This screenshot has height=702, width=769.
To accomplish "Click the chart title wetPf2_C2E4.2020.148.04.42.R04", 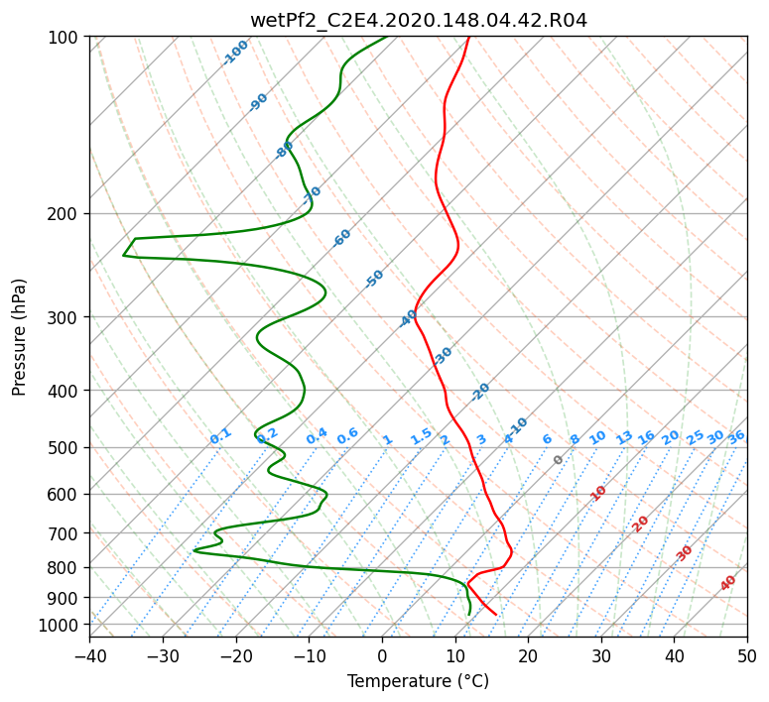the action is point(419,21).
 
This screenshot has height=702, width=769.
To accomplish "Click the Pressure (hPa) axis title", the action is point(19,337).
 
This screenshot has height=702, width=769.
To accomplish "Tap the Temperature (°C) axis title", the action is point(419,681).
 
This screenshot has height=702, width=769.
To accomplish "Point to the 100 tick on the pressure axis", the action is point(63,38).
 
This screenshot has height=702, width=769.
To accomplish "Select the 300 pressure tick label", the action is point(63,317).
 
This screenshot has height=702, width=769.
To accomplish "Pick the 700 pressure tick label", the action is point(63,533).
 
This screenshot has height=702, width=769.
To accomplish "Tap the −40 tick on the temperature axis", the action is point(89,655).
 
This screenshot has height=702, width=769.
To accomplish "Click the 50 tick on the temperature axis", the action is point(747,655).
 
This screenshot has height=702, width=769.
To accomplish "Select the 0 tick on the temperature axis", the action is point(382,655).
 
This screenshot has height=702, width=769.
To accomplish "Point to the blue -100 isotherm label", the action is point(235,53).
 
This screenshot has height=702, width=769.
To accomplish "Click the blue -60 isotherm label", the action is point(341,238).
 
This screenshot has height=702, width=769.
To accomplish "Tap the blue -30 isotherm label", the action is point(443,355).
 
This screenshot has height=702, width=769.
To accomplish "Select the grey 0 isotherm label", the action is point(558,459).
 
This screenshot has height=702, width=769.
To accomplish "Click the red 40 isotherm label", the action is point(728,583).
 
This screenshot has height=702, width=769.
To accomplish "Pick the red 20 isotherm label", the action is point(640,525).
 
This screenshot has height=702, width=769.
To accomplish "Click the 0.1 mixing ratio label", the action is point(220,436).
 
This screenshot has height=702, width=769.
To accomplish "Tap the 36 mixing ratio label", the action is point(736,437).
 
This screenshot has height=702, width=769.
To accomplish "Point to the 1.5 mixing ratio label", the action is point(422,436).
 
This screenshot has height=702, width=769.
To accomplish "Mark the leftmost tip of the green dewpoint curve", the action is point(123,256).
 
